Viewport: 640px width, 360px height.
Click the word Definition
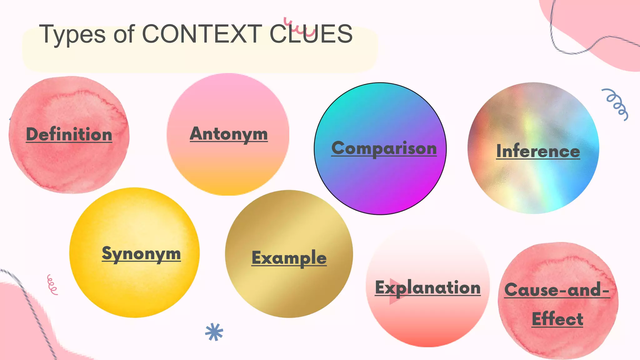[x=69, y=134]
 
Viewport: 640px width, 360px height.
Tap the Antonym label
[x=229, y=134]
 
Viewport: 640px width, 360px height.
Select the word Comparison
[x=384, y=148]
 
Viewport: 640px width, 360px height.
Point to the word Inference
[x=538, y=151]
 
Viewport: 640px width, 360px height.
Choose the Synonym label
[x=141, y=253]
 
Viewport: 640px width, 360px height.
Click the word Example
[x=289, y=258]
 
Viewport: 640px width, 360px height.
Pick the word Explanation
[x=428, y=287]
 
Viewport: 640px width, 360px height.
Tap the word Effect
[x=557, y=319]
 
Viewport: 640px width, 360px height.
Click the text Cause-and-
[x=557, y=290]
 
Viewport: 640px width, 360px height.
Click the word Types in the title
[x=72, y=34]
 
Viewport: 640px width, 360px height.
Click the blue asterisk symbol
[x=214, y=332]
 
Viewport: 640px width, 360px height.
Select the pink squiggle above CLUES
[x=299, y=27]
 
